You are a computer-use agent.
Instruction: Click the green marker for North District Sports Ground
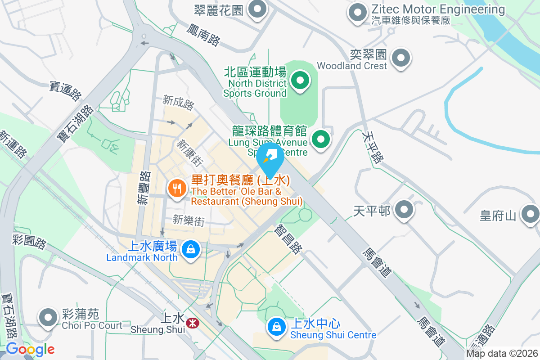(300, 81)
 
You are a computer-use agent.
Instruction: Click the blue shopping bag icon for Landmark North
(191, 249)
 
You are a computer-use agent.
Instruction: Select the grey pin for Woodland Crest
(401, 58)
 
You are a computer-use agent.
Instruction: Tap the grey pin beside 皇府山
(530, 214)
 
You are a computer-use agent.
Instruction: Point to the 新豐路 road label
(144, 187)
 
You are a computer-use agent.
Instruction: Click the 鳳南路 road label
(204, 34)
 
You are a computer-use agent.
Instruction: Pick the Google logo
(30, 349)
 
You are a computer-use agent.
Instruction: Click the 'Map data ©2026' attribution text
(502, 353)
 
